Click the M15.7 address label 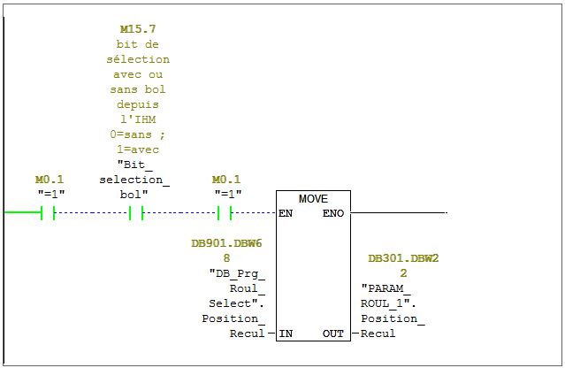point(137,29)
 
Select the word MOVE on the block point(313,199)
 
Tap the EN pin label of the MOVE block point(286,213)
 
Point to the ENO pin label point(333,213)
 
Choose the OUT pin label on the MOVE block point(332,333)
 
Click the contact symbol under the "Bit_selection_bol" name point(135,213)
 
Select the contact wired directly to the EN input point(225,213)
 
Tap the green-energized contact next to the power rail point(48,213)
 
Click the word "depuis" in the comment point(137,104)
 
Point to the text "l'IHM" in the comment point(137,119)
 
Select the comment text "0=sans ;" point(137,134)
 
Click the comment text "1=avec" point(137,149)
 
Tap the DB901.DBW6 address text point(226,243)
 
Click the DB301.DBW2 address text point(403,258)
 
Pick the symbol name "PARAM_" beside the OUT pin point(386,288)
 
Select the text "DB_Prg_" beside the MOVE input point(236,273)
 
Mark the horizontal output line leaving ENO point(398,213)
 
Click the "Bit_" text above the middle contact point(134,165)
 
